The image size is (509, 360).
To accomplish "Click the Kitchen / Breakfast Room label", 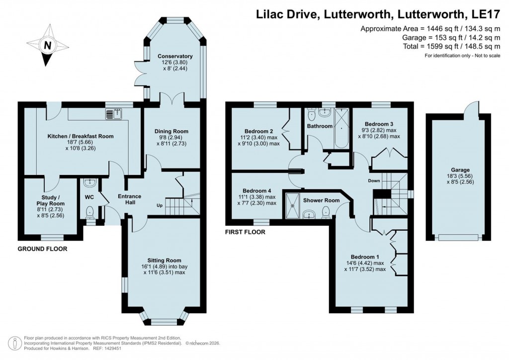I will [81, 136].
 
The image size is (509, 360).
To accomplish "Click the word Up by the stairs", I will [160, 205].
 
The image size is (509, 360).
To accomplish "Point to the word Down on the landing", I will [375, 180].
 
